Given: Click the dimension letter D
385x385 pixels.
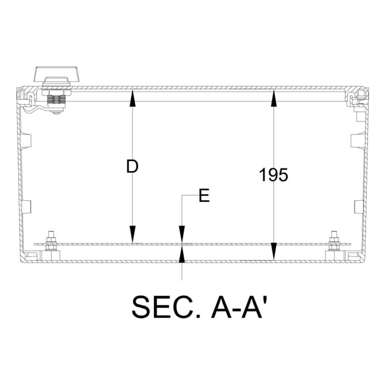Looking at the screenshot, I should point(131,167).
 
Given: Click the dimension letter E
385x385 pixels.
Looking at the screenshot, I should point(204,196).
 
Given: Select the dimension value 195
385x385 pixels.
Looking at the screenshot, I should point(273,175).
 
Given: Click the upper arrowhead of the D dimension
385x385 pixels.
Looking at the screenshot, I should point(132,97).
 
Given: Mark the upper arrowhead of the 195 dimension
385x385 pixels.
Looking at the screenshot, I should point(273,97).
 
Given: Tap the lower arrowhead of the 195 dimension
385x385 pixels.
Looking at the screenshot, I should point(273,254).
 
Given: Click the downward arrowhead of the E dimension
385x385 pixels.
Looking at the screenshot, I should point(183,235).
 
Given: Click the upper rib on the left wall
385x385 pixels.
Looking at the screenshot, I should point(25,140).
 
